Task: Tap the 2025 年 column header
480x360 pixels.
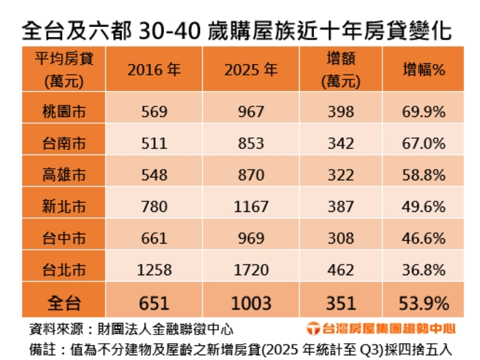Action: tap(251, 69)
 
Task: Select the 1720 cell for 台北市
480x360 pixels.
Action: tap(251, 270)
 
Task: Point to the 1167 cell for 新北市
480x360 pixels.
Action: tap(251, 207)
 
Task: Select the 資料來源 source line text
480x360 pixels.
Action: tap(131, 330)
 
